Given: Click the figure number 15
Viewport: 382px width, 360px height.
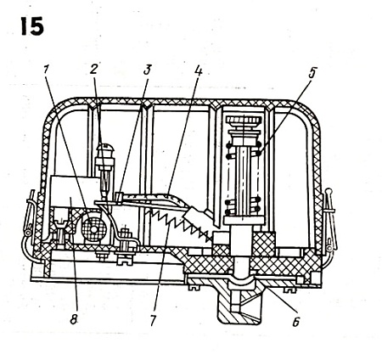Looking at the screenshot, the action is [x=32, y=26].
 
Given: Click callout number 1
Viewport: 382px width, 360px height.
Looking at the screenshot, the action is [x=47, y=70].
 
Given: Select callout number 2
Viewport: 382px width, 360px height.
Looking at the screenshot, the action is [x=94, y=69].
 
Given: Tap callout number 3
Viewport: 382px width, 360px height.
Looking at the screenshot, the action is [x=147, y=70].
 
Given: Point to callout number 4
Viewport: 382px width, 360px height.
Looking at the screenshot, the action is [x=199, y=70].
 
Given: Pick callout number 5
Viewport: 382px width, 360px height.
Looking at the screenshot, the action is [x=312, y=73].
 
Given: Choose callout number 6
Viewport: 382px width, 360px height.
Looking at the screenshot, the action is [x=296, y=322].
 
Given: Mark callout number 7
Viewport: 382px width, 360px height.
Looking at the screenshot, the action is [x=153, y=321].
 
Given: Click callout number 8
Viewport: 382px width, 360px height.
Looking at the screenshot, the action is [x=74, y=319].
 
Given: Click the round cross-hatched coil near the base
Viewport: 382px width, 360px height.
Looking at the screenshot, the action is [x=93, y=229].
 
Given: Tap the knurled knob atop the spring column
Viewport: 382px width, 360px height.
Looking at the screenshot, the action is [x=244, y=121].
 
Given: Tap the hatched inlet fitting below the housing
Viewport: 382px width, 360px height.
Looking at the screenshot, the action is [x=236, y=304].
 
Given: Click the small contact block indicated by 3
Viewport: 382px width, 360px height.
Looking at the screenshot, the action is [x=119, y=198].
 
